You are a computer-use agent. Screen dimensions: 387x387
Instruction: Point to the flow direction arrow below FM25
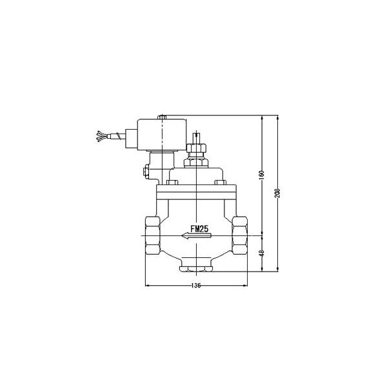(193, 236)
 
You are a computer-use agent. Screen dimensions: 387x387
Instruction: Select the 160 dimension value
(261, 175)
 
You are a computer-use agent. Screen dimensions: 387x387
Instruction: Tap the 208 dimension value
(277, 193)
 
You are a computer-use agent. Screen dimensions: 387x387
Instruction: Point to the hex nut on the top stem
(197, 149)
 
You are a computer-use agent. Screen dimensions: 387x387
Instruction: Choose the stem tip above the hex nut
(197, 137)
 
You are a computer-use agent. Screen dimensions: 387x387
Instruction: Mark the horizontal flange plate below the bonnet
(197, 192)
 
